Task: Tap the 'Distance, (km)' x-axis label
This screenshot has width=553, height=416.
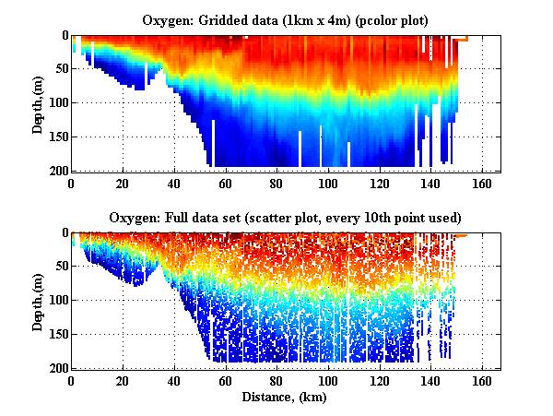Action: pyautogui.click(x=286, y=398)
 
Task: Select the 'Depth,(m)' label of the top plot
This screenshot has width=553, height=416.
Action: pyautogui.click(x=38, y=103)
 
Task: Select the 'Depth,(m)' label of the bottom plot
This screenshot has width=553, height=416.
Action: pyautogui.click(x=38, y=300)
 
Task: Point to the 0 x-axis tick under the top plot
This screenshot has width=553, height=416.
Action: pyautogui.click(x=71, y=183)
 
